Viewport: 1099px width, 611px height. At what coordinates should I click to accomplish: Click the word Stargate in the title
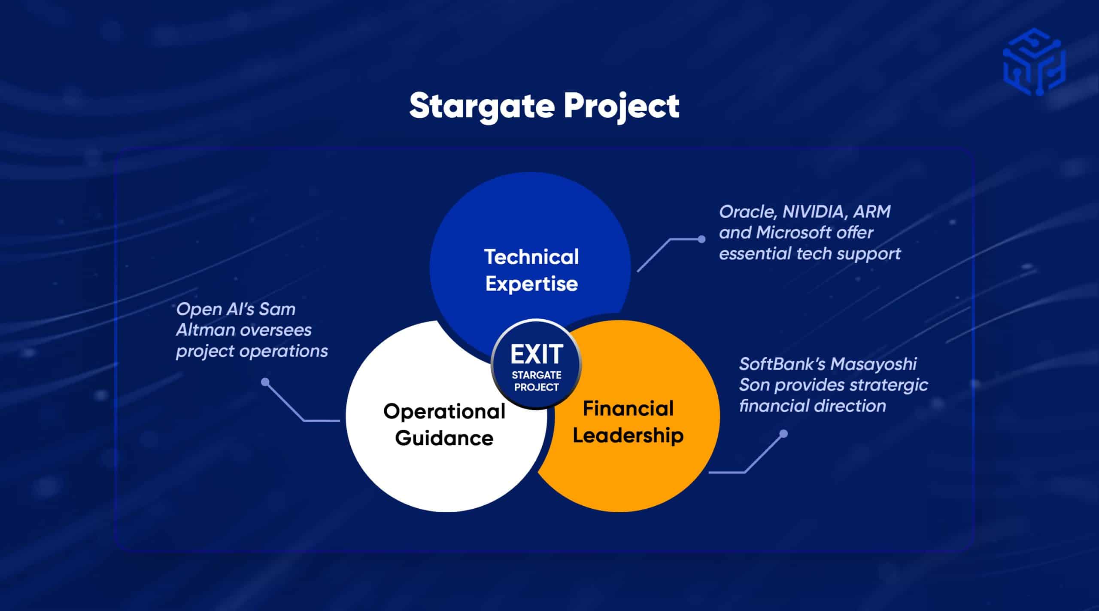pyautogui.click(x=482, y=107)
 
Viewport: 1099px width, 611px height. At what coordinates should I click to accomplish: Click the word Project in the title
pyautogui.click(x=622, y=107)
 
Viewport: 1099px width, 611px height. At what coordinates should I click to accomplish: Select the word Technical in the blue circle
pyautogui.click(x=531, y=257)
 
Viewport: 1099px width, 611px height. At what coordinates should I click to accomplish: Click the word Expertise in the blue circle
pyautogui.click(x=531, y=284)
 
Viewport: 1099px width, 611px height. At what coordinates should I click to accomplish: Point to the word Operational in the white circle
pyautogui.click(x=444, y=412)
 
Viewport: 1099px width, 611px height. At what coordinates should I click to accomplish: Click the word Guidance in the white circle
pyautogui.click(x=444, y=438)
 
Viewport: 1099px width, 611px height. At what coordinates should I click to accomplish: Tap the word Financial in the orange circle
pyautogui.click(x=628, y=408)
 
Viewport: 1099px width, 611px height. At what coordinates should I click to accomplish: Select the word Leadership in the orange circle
pyautogui.click(x=628, y=435)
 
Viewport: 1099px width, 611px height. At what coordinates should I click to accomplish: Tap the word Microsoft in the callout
pyautogui.click(x=793, y=232)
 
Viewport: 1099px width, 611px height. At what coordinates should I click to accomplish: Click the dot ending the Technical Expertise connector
pyautogui.click(x=701, y=239)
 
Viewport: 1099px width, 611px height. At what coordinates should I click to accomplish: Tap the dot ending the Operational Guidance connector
pyautogui.click(x=265, y=382)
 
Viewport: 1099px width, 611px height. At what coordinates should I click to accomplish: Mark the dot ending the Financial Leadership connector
pyautogui.click(x=783, y=434)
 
